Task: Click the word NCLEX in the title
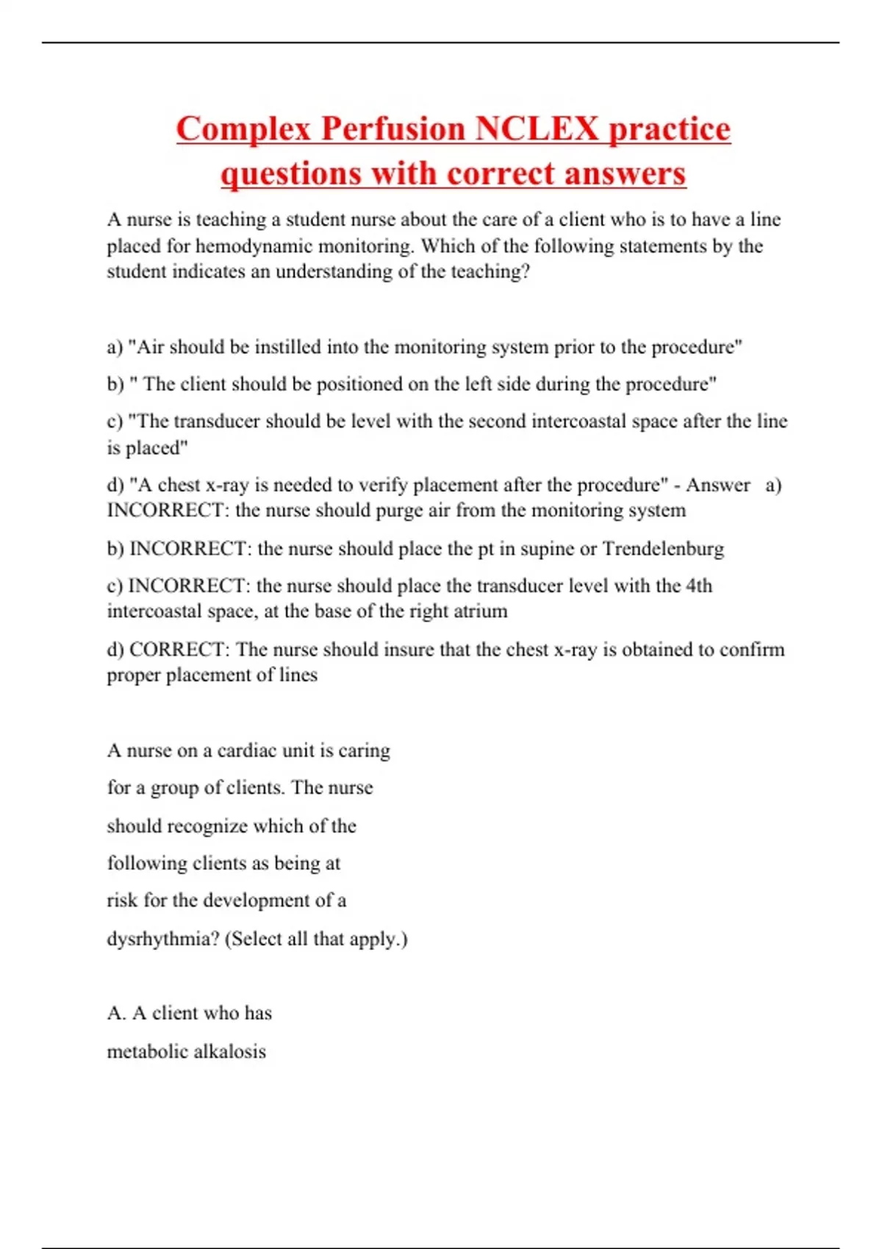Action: [x=537, y=129]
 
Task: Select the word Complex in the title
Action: [x=244, y=129]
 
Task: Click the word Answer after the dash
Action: [x=718, y=485]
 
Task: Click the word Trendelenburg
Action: [x=663, y=549]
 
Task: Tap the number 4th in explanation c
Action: [x=699, y=586]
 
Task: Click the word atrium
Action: [x=481, y=611]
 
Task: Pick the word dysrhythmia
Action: [x=163, y=939]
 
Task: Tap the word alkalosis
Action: [x=229, y=1051]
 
